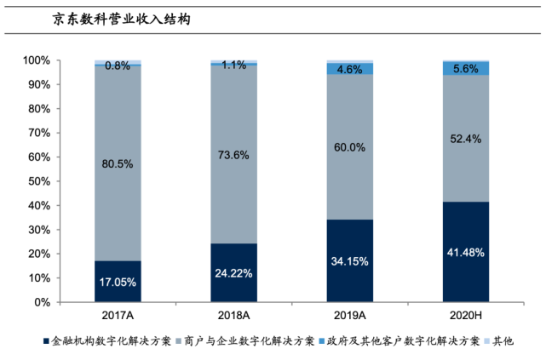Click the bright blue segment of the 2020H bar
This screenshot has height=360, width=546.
465,68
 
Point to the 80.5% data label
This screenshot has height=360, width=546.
118,163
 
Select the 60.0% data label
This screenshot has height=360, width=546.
350,147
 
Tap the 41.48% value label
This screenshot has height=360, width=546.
465,252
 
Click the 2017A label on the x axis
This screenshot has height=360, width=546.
118,317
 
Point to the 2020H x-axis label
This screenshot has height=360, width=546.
465,317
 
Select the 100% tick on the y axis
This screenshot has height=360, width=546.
37,61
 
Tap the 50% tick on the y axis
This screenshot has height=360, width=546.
39,181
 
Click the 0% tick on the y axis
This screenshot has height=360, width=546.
43,302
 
